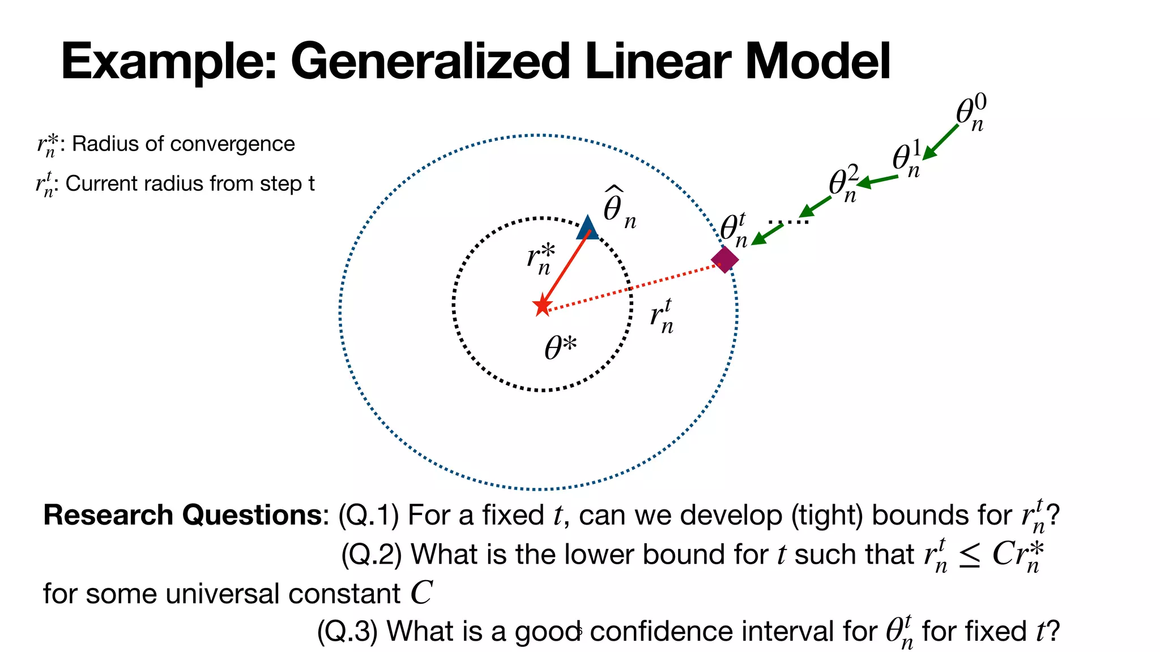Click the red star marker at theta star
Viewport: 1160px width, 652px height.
[543, 306]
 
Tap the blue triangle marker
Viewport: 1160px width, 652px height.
[587, 229]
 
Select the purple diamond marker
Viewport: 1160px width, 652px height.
[725, 260]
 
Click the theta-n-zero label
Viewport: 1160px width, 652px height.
[971, 113]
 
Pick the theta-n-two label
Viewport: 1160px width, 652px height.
[843, 184]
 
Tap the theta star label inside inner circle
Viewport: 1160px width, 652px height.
[560, 347]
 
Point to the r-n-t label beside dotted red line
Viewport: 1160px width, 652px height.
[662, 316]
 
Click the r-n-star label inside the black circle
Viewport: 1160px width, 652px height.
[540, 259]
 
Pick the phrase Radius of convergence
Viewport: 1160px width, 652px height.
[184, 144]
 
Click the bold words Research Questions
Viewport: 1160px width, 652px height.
[183, 515]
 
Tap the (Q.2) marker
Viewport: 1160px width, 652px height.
[371, 554]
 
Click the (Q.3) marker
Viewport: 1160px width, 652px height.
[347, 631]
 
